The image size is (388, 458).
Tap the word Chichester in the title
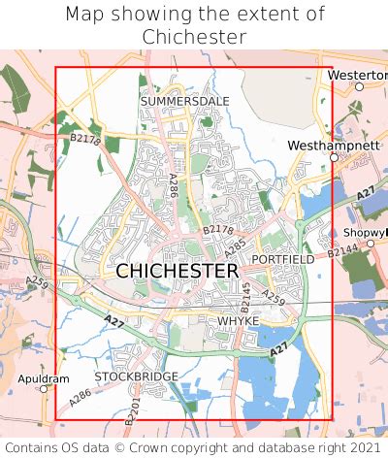click(x=194, y=37)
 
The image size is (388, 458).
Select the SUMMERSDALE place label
click(x=184, y=101)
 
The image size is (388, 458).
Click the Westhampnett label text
click(x=332, y=145)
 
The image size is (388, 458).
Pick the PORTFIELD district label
click(x=282, y=260)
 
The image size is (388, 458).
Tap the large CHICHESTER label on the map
click(x=177, y=272)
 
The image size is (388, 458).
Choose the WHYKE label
click(x=238, y=320)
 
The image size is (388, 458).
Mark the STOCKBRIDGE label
click(x=136, y=376)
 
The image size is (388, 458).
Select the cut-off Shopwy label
click(x=364, y=233)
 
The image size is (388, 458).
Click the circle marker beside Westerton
click(x=359, y=87)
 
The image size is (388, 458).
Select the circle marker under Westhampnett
click(x=333, y=157)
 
